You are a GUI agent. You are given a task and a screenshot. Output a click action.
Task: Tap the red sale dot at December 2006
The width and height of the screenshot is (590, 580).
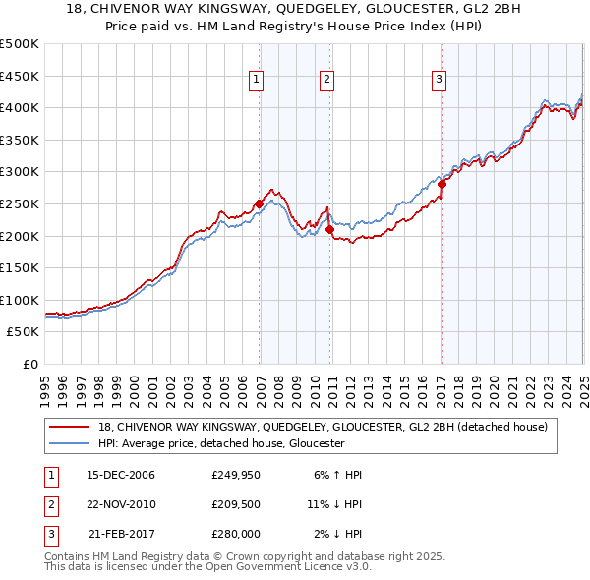click(260, 203)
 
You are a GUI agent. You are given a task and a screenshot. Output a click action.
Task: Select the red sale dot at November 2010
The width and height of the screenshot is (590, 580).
click(330, 229)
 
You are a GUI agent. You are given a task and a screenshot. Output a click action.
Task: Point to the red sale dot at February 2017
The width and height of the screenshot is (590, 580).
click(442, 184)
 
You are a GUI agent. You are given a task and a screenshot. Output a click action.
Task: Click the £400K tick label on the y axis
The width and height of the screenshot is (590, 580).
click(20, 107)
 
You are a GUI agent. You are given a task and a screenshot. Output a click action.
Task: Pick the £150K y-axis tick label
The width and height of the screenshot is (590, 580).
click(20, 267)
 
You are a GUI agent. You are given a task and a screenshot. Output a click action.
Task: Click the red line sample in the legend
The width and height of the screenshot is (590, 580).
click(70, 426)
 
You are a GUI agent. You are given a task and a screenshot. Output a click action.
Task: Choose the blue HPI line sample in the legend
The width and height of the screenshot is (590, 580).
click(70, 443)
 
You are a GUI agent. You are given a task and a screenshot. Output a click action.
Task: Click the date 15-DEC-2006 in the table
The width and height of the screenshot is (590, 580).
click(121, 475)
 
